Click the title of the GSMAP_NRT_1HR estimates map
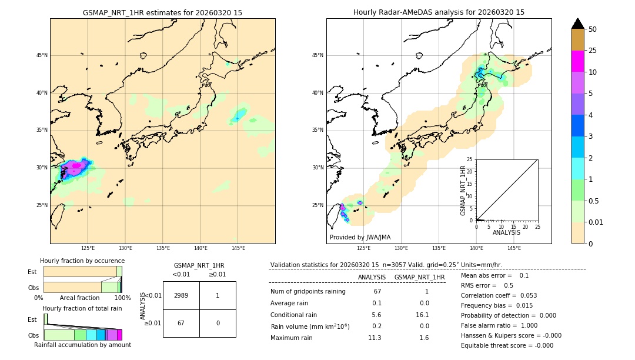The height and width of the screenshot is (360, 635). pos(162,12)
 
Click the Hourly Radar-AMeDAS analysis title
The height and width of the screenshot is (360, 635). pos(439,12)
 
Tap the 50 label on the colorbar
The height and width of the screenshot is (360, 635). pos(593,29)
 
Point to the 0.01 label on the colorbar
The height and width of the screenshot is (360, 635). pos(596,222)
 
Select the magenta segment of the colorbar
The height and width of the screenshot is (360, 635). pos(577,61)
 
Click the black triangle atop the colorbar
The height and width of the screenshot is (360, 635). pos(577,24)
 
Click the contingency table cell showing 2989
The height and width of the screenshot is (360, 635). pos(181,295)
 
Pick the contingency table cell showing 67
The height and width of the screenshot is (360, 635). pos(181,323)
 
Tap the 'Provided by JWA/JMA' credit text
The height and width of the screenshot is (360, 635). pos(360,237)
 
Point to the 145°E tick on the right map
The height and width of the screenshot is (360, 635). pos(514,248)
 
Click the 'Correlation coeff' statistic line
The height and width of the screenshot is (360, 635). pos(499,295)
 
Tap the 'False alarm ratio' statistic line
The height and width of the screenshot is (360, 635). pos(499,325)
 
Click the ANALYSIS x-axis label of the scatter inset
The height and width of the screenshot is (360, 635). pos(506,232)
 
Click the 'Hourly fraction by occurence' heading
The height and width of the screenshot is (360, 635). pos(82,261)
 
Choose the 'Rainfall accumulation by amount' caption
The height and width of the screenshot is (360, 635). pos(83,345)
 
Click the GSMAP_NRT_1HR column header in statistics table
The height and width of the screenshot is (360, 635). pos(419,277)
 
